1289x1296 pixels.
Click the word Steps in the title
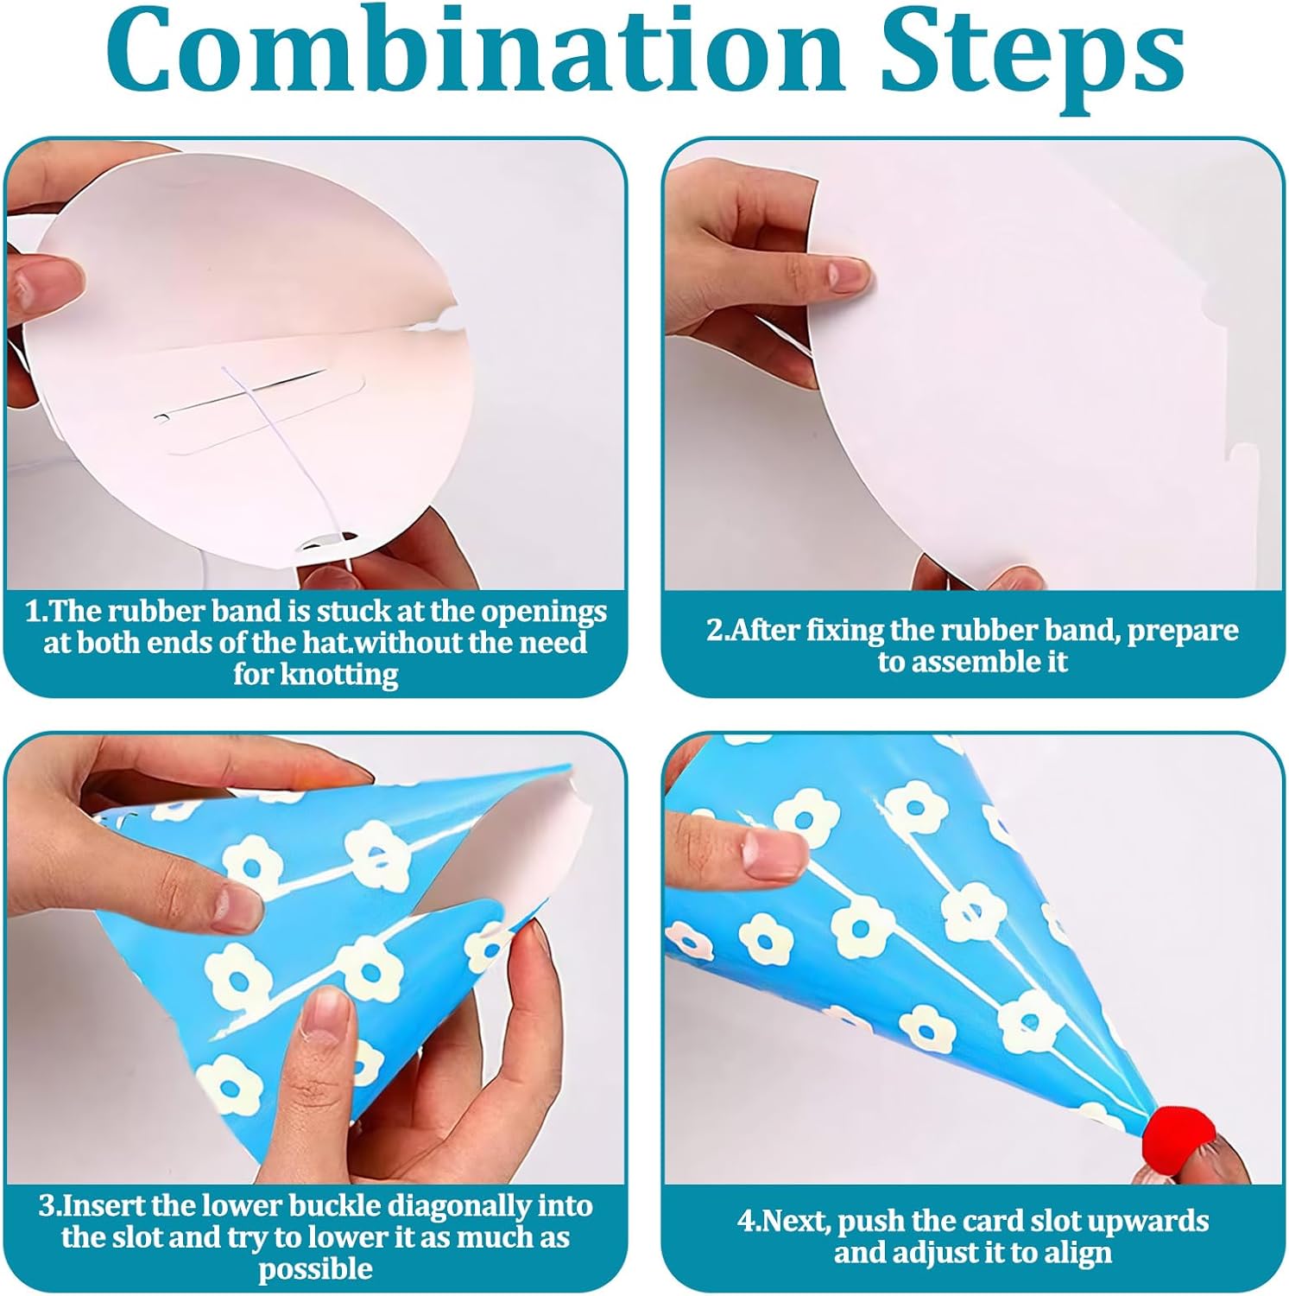click(x=1032, y=57)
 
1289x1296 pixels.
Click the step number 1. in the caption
click(x=35, y=612)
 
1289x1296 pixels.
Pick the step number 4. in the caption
click(x=749, y=1222)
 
